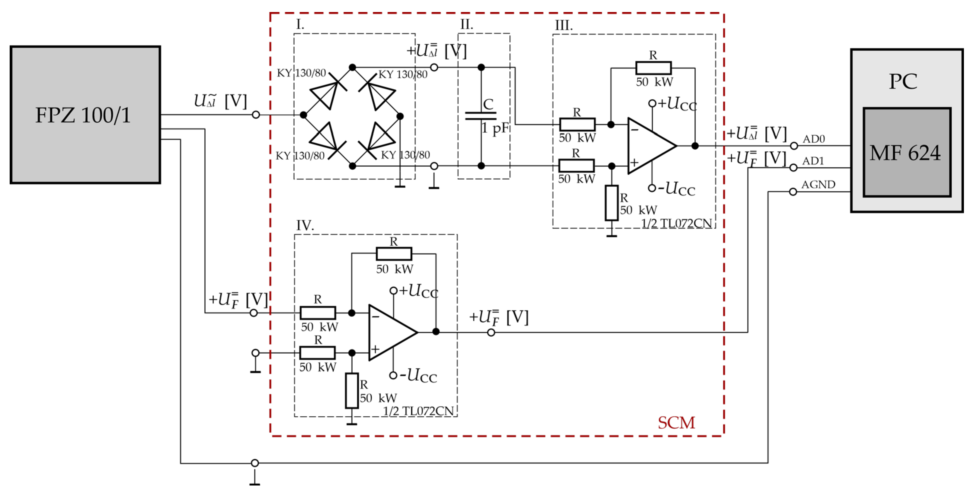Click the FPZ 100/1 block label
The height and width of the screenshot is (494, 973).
[x=83, y=115]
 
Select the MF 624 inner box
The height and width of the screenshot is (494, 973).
[x=907, y=152]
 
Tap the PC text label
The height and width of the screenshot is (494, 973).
[x=903, y=81]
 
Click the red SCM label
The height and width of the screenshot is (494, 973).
[x=676, y=423]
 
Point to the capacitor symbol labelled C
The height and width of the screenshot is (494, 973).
[x=481, y=116]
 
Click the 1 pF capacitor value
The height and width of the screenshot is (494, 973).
[x=495, y=129]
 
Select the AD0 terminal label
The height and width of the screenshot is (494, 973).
[x=814, y=139]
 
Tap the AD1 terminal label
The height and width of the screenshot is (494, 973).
[x=813, y=161]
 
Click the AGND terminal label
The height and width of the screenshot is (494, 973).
[x=818, y=185]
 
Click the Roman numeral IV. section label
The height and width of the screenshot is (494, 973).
[x=304, y=226]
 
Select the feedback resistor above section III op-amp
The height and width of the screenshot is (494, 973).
[x=653, y=68]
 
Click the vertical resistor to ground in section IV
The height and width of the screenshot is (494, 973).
[x=352, y=391]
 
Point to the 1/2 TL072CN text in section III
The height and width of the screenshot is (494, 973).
[x=676, y=223]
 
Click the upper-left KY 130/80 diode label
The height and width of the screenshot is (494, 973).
[x=301, y=73]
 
